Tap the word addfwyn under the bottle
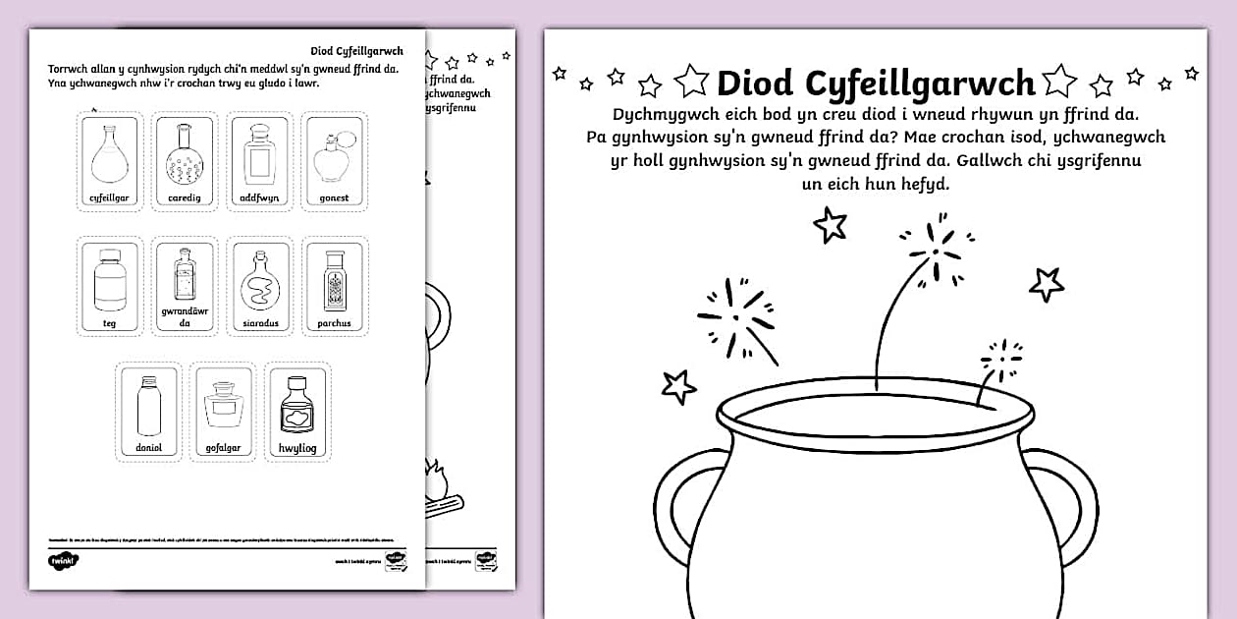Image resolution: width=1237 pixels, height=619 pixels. (x=259, y=197)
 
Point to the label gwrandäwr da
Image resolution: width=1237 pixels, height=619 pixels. (x=184, y=316)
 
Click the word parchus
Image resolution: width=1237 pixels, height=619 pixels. (x=334, y=323)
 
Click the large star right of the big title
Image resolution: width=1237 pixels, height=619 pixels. (x=1058, y=81)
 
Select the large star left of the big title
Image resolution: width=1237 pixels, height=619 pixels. (x=692, y=81)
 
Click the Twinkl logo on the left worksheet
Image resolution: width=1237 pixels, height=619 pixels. (x=63, y=560)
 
